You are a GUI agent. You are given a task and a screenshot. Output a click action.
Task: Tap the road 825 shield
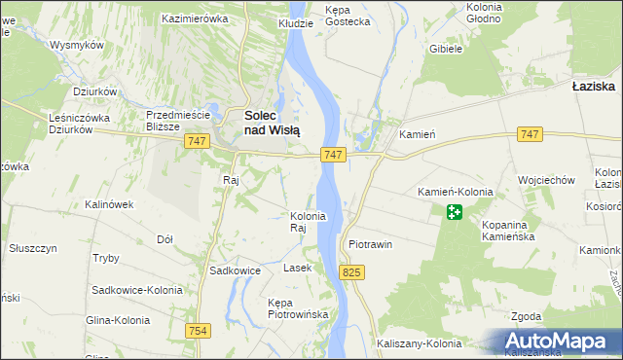tap(352, 274)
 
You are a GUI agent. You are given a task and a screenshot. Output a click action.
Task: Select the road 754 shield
tap(199, 331)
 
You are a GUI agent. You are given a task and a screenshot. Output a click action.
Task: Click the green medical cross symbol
tap(455, 211)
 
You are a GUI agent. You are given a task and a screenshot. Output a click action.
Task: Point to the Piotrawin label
tap(370, 244)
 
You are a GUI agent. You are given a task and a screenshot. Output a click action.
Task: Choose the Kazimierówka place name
tap(195, 18)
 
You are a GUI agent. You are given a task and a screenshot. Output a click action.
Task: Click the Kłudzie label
tap(296, 22)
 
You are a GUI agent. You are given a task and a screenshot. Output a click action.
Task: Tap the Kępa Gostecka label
tap(348, 15)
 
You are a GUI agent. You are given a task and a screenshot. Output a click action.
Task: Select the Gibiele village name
tap(444, 50)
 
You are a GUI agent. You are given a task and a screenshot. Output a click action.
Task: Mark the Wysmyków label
tap(77, 46)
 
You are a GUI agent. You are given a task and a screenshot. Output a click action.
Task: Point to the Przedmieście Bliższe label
tap(178, 120)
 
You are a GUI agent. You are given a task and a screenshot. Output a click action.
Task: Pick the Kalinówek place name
tap(109, 204)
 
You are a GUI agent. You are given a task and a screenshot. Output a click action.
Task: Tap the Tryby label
tap(105, 258)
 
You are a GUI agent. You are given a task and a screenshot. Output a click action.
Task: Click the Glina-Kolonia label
tap(117, 320)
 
